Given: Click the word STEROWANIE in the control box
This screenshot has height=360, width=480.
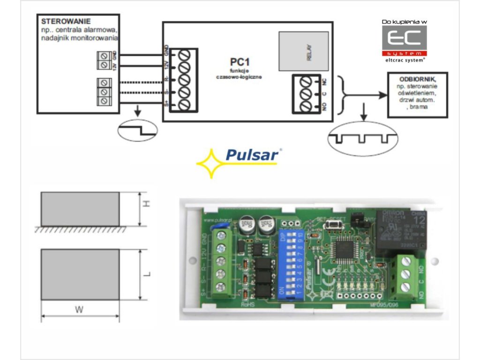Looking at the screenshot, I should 66,22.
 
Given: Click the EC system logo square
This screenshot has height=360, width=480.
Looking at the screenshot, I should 405,41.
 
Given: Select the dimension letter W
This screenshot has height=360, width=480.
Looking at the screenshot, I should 80,309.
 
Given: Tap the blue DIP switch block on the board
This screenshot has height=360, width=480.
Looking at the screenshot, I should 292,265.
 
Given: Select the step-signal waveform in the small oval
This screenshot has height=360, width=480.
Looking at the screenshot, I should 138,130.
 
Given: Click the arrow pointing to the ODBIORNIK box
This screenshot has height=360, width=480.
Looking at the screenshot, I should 370,95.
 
